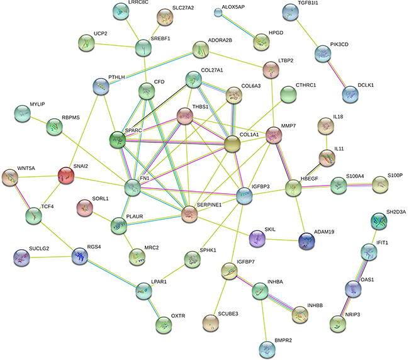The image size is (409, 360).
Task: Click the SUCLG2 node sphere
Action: (21, 256)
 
